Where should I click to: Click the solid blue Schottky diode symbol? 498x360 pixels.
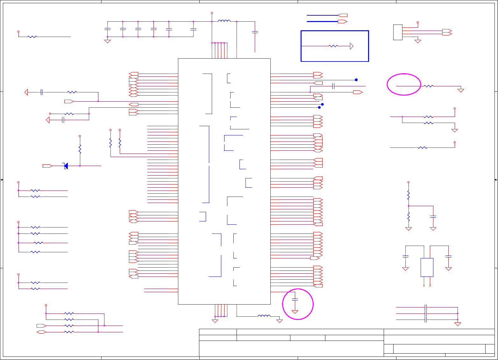pyautogui.click(x=66, y=166)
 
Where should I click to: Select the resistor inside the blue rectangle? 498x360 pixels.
pyautogui.click(x=333, y=46)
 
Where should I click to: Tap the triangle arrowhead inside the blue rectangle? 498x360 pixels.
pyautogui.click(x=352, y=46)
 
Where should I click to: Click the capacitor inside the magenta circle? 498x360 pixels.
pyautogui.click(x=295, y=299)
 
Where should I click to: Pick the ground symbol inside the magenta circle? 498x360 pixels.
pyautogui.click(x=295, y=312)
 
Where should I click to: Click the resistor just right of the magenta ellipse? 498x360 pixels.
pyautogui.click(x=429, y=86)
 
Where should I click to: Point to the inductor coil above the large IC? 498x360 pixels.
pyautogui.click(x=224, y=21)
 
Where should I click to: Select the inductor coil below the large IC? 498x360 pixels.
pyautogui.click(x=264, y=316)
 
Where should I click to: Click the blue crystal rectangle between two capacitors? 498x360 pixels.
pyautogui.click(x=427, y=267)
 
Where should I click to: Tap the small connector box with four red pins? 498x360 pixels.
pyautogui.click(x=398, y=32)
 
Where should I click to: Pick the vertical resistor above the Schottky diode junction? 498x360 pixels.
pyautogui.click(x=80, y=149)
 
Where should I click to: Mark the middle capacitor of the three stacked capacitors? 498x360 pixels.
pyautogui.click(x=426, y=313)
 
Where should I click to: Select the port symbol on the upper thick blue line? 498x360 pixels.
pyautogui.click(x=343, y=15)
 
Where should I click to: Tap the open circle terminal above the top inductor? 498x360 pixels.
pyautogui.click(x=212, y=13)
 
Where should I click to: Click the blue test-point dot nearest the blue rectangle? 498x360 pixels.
pyautogui.click(x=356, y=80)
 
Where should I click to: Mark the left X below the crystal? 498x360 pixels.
pyautogui.click(x=424, y=286)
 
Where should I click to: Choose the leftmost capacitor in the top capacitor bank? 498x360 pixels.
pyautogui.click(x=107, y=29)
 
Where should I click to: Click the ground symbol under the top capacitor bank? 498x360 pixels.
pyautogui.click(x=107, y=41)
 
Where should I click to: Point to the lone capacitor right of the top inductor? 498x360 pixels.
pyautogui.click(x=255, y=32)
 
